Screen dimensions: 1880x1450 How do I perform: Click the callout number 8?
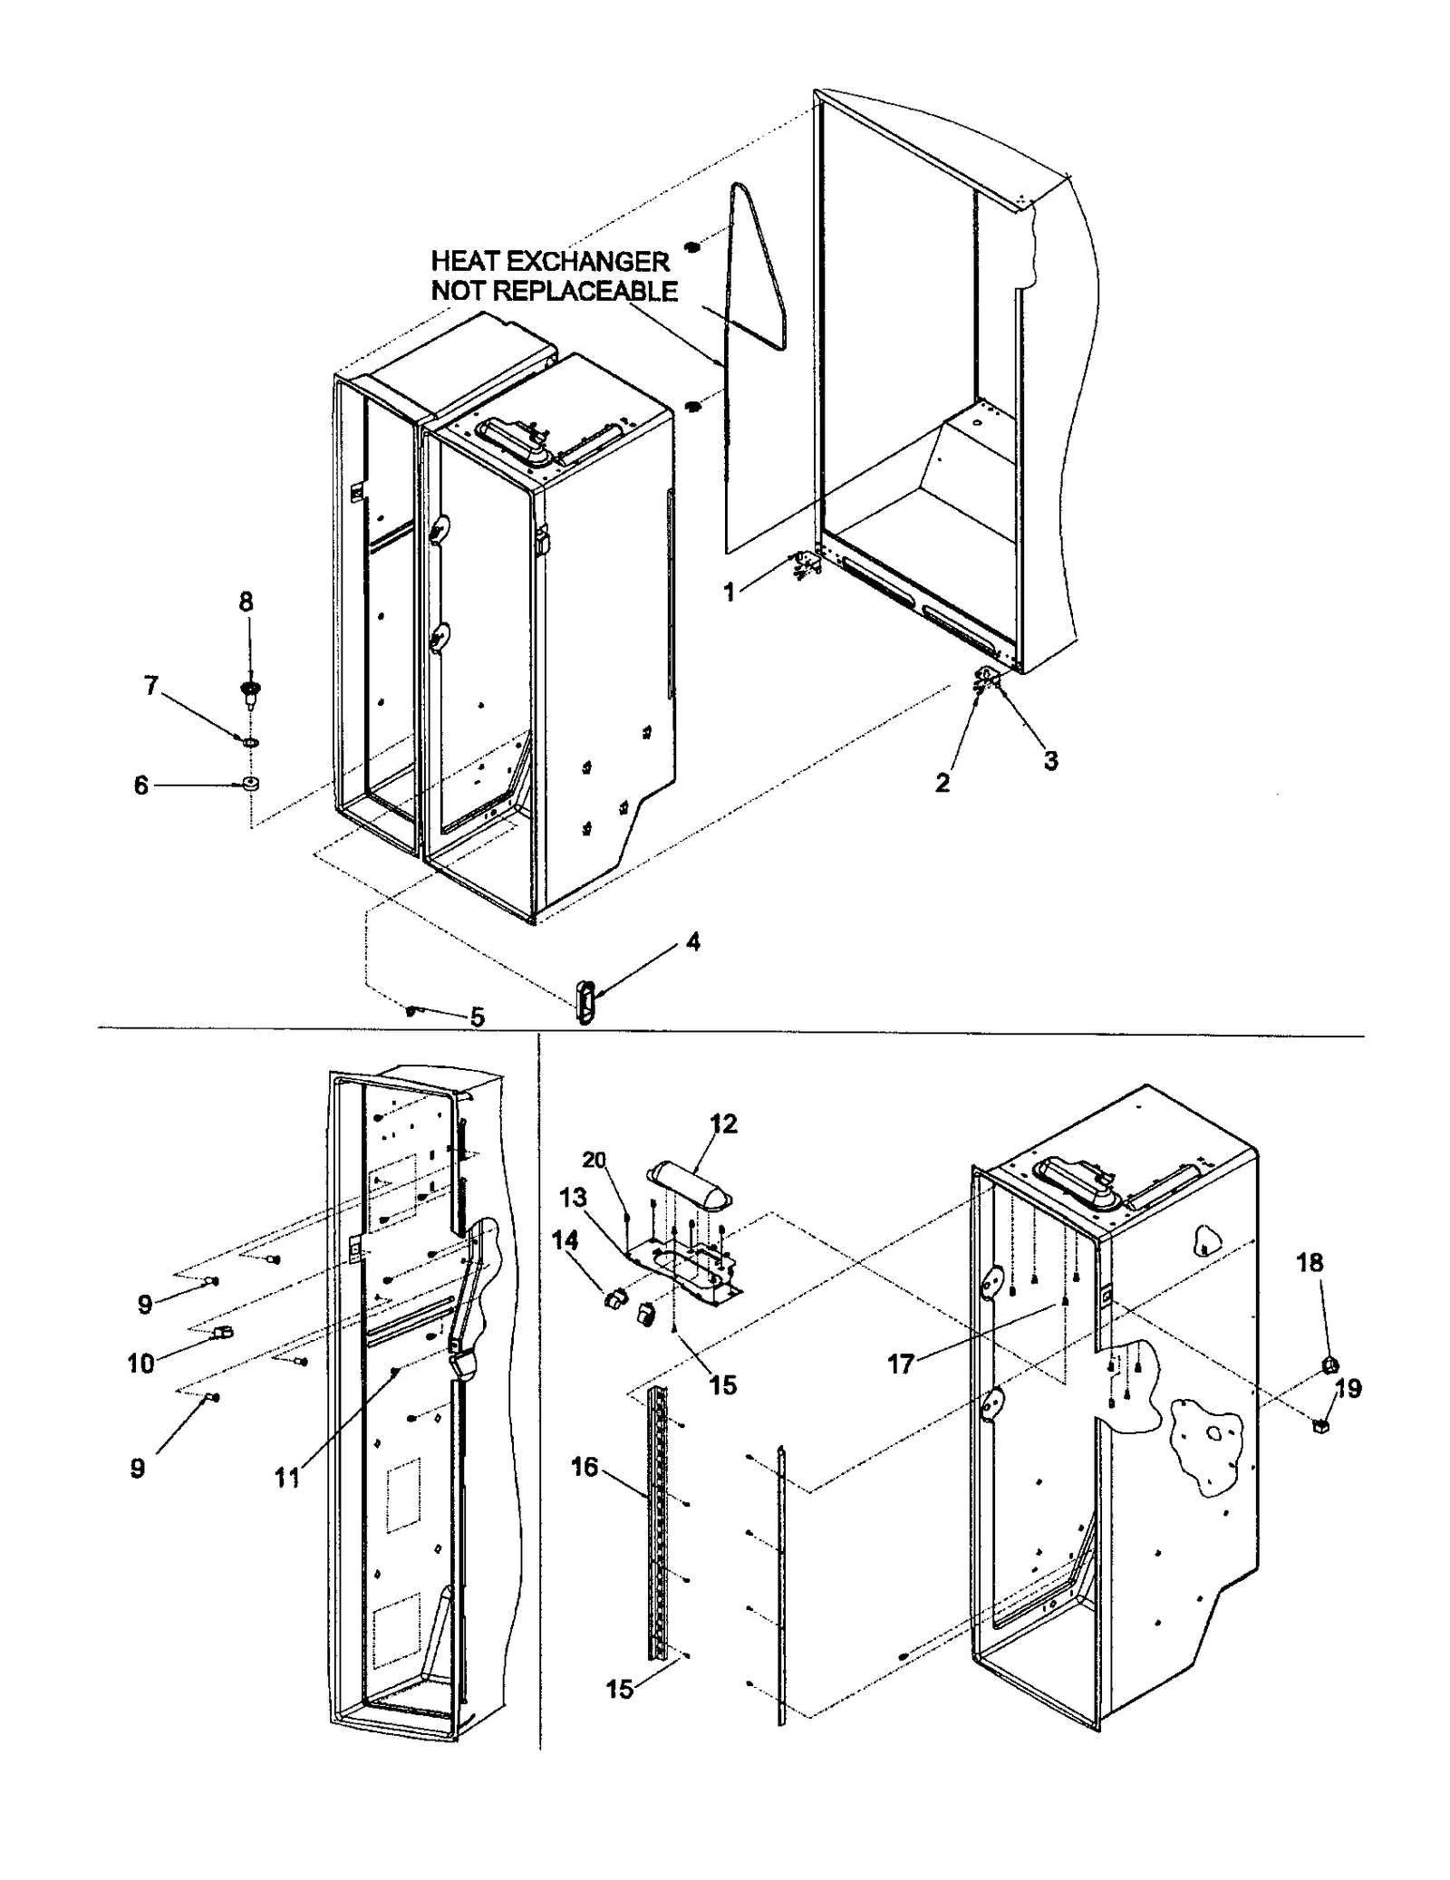(246, 602)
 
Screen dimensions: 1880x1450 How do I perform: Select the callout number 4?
(692, 942)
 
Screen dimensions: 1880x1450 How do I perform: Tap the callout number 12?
(723, 1123)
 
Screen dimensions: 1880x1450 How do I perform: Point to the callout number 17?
(900, 1364)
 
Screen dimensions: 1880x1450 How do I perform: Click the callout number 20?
(594, 1161)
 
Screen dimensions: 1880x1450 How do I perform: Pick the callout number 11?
(287, 1478)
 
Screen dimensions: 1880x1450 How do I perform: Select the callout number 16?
(585, 1466)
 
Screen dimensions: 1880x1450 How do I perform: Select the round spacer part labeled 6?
(246, 784)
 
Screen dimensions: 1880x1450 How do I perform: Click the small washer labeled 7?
(247, 742)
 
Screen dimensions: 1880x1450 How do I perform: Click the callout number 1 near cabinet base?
(730, 593)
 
